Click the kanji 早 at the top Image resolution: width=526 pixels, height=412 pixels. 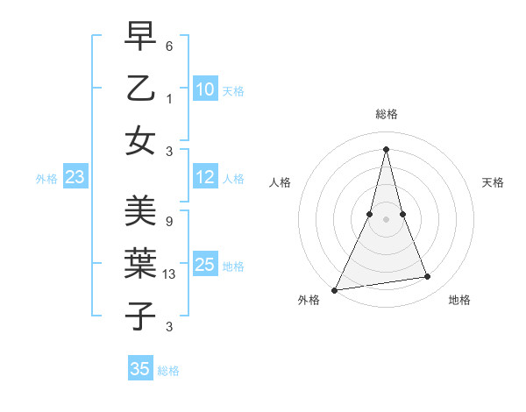tap(140, 38)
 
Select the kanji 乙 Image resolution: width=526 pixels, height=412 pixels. tap(140, 89)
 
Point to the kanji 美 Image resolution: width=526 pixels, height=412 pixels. tap(140, 211)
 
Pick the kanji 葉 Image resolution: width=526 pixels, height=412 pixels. tap(140, 263)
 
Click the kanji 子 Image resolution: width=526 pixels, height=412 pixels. tap(140, 316)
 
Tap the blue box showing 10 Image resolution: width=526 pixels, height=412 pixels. tap(204, 89)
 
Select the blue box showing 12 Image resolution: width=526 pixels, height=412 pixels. tap(204, 178)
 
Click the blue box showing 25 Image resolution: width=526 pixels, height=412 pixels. tap(204, 265)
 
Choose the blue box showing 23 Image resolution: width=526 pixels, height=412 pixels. tap(75, 178)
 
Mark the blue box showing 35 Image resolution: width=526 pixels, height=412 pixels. tap(140, 369)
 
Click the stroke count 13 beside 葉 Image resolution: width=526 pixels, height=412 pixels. tap(169, 274)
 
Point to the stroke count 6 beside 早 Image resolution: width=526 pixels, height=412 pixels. tap(169, 46)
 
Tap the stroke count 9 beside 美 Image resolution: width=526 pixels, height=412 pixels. tap(168, 222)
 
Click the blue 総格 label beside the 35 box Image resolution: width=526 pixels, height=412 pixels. tap(168, 371)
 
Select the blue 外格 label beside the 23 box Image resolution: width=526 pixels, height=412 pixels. tap(46, 179)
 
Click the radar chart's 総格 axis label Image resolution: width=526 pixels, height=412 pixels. tap(386, 114)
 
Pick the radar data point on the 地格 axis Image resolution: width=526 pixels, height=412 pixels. tap(428, 277)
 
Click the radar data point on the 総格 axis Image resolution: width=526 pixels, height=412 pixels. tap(386, 149)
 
